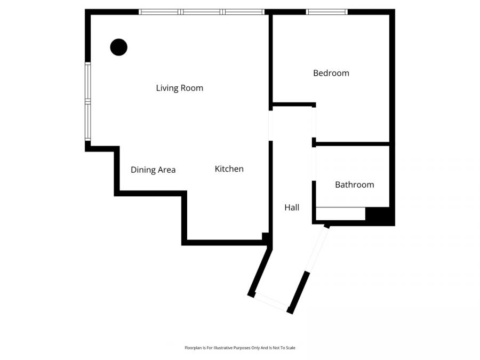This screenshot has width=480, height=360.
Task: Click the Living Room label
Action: click(x=179, y=88)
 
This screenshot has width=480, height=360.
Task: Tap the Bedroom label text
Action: click(x=331, y=73)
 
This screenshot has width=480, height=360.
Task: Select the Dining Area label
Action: click(x=153, y=170)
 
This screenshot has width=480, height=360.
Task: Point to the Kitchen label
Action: click(x=229, y=169)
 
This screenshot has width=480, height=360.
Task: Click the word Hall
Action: click(x=292, y=207)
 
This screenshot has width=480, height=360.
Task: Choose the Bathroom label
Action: click(x=354, y=185)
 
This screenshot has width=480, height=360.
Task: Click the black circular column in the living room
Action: click(x=118, y=47)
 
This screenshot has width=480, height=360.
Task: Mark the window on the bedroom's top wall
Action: click(x=326, y=12)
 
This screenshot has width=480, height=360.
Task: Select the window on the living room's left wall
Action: click(x=88, y=101)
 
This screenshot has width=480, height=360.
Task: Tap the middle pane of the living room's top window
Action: click(x=202, y=12)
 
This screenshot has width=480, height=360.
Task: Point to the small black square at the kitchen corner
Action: click(x=266, y=237)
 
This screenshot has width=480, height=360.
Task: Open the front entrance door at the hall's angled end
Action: click(x=270, y=302)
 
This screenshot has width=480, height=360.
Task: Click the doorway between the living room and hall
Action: click(x=271, y=123)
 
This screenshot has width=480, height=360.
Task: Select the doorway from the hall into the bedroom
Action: click(x=314, y=122)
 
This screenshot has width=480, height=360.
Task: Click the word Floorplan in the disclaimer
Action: click(x=193, y=348)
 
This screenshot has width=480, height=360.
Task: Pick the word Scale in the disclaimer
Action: click(x=290, y=348)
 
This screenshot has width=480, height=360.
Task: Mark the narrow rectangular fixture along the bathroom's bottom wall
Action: click(x=340, y=213)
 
